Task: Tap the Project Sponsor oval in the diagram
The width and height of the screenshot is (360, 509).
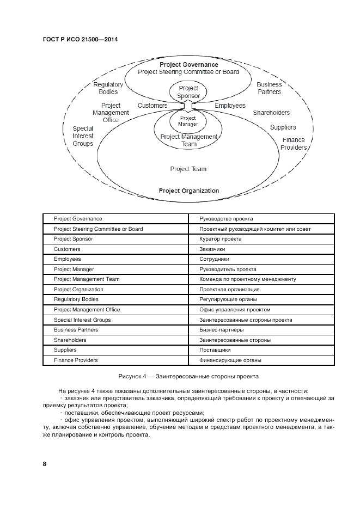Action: coord(188,92)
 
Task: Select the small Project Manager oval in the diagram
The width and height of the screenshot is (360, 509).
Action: coord(187,120)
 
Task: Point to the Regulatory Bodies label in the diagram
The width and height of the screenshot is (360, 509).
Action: coord(108,88)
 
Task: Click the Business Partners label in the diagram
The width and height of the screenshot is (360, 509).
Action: coord(269,88)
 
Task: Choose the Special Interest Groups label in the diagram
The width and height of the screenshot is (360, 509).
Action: coord(83,136)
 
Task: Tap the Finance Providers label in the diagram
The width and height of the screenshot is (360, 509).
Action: coord(294,144)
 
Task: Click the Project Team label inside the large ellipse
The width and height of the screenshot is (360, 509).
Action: coord(188,169)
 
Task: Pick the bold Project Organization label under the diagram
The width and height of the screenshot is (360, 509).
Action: coord(188,191)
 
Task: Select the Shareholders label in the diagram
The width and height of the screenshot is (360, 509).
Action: coord(271,113)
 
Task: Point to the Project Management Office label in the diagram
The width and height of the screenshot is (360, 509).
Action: coord(111,113)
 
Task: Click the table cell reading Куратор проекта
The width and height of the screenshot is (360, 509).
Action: coord(220,239)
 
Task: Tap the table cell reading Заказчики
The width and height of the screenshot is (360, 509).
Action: coord(212,249)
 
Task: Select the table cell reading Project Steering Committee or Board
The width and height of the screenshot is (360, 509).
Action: coord(98,229)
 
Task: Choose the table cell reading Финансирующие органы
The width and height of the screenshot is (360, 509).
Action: coord(230,360)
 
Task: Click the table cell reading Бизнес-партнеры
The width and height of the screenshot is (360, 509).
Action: coord(221,330)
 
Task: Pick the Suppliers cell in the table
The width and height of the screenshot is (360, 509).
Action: coord(65,350)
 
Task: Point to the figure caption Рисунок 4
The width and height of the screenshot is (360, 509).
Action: coord(188,376)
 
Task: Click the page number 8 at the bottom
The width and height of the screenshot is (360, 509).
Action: coord(45,464)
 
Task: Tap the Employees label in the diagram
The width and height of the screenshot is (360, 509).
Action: coord(229,106)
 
